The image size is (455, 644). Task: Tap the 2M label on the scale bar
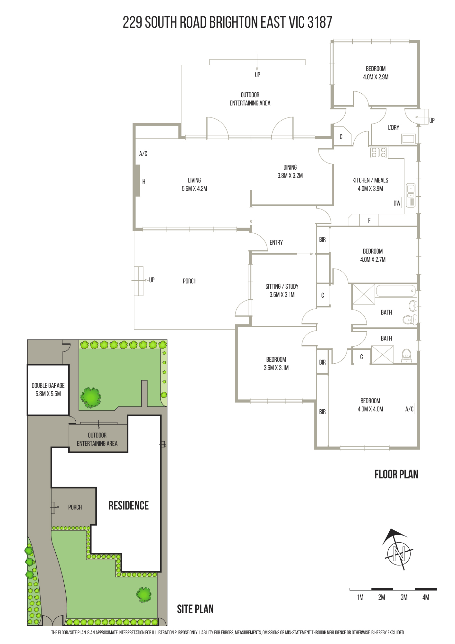coord(382,597)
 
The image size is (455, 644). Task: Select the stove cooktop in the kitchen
coord(378,152)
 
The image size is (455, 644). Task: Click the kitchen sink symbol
coord(411,195)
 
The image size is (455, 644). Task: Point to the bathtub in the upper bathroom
coord(396,291)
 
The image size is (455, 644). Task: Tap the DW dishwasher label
coord(397,203)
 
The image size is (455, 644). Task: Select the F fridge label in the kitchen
coord(369,220)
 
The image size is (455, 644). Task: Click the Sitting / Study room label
coord(282,286)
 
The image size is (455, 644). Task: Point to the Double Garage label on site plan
coord(48,386)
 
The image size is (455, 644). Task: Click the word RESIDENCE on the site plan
coord(128,506)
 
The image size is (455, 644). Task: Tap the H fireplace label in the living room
coord(144,182)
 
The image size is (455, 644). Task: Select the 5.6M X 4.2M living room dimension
coord(194,189)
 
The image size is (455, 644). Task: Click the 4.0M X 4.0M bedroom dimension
coord(370,409)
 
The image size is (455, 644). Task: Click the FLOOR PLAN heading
coord(396,474)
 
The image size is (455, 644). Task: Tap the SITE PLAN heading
coord(195,609)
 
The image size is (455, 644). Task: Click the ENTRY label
coord(276,243)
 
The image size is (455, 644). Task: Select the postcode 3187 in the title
coord(320,23)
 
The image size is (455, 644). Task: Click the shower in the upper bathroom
coord(364,294)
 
